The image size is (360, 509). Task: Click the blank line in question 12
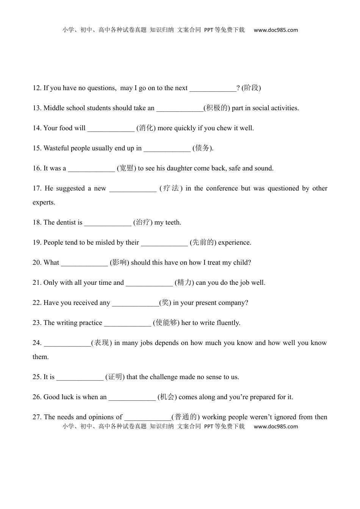tap(213, 89)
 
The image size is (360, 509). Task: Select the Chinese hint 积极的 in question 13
tap(217, 108)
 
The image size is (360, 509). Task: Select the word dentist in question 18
tap(66, 222)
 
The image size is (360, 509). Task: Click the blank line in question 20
tap(85, 263)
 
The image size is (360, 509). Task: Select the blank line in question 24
tap(67, 343)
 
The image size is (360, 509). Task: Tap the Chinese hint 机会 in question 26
tap(167, 397)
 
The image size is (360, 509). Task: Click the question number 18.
tap(37, 222)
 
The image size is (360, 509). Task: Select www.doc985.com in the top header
tap(276, 30)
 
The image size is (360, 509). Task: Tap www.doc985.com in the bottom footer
tap(276, 426)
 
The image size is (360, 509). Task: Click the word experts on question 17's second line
tap(44, 202)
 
